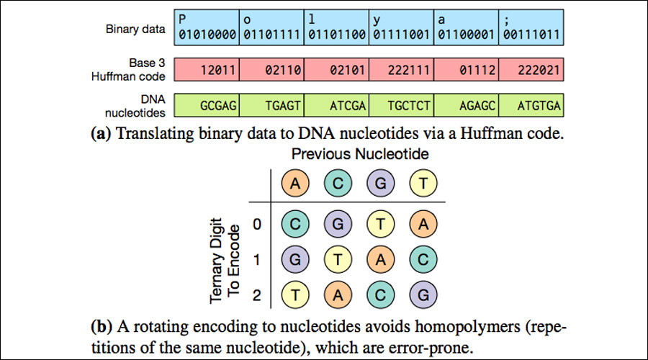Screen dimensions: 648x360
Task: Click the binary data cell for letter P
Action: (207, 27)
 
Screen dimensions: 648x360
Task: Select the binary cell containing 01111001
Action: (401, 27)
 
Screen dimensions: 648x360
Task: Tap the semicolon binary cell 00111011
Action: (531, 27)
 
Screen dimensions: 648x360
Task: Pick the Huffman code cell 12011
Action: (207, 69)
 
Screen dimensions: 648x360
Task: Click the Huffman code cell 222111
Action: (401, 69)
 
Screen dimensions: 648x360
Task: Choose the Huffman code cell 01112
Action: (466, 69)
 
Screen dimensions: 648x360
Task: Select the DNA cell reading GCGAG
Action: (207, 105)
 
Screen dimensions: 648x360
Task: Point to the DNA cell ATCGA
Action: (336, 105)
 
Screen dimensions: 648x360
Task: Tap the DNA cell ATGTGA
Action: (531, 105)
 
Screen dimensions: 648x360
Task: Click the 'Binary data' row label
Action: (135, 29)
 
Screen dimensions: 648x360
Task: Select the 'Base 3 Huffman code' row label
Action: (128, 69)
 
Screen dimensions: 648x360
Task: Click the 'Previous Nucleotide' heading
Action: (360, 154)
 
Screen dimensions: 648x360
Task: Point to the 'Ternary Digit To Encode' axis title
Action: (225, 261)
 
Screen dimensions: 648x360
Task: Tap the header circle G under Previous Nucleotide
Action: (381, 183)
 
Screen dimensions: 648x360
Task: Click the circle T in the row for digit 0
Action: (381, 224)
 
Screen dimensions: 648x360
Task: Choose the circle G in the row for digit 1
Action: (295, 260)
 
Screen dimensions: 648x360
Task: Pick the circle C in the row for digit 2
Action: (381, 294)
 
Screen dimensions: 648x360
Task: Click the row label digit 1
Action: (257, 260)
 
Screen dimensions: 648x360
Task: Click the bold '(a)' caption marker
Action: (101, 134)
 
